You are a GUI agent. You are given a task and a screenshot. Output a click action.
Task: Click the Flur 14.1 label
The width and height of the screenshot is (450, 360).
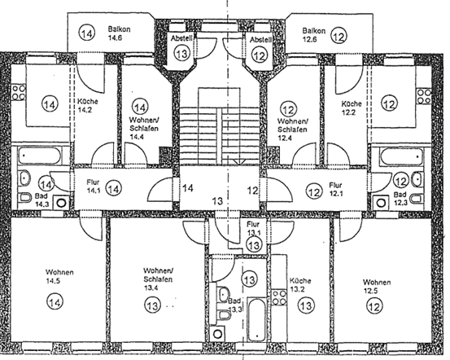[87, 187]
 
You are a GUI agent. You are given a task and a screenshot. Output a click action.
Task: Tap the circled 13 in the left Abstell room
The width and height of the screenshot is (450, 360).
[181, 52]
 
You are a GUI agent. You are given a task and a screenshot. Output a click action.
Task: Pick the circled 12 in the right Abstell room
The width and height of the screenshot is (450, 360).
[259, 55]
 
